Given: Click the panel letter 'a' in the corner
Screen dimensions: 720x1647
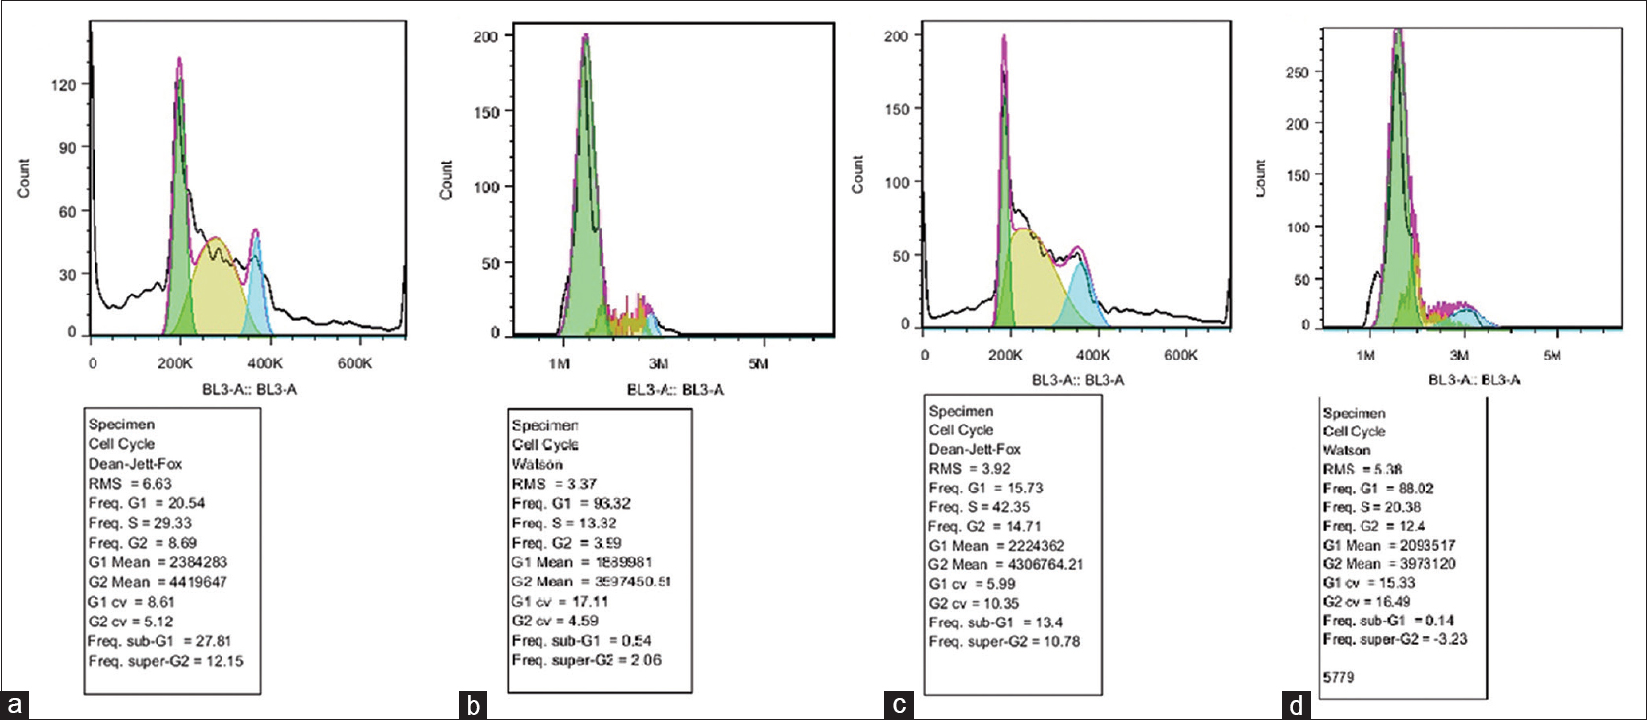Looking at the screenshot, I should [x=14, y=705].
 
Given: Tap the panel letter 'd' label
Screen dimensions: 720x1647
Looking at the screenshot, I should [x=1296, y=705].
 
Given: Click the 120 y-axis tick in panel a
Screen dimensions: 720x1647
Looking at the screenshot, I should [x=63, y=85].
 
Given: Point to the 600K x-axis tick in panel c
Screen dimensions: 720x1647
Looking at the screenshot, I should [x=1179, y=355].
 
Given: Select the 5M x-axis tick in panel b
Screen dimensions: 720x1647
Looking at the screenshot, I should [x=758, y=364].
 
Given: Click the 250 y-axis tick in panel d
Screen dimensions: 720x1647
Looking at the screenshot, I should [x=1297, y=73].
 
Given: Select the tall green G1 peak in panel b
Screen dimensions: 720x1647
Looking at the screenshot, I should [x=585, y=197].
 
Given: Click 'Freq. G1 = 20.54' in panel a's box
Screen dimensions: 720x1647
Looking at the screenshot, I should [x=147, y=503].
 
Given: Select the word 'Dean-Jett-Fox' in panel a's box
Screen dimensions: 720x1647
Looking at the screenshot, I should [x=135, y=464].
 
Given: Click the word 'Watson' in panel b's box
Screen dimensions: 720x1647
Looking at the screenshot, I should [x=538, y=464].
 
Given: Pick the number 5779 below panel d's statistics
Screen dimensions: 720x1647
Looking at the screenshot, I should [x=1339, y=678].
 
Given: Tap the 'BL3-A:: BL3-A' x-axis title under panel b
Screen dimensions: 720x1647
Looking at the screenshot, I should [x=675, y=390].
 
